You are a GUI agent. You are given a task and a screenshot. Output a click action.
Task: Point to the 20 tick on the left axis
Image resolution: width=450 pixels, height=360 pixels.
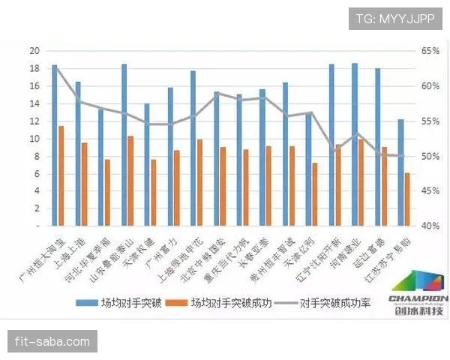click(x=34, y=51)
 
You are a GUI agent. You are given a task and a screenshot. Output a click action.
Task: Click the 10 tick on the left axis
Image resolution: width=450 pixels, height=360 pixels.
click(x=34, y=139)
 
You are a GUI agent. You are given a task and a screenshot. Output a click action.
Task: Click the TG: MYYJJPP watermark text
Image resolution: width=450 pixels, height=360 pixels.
click(x=395, y=18)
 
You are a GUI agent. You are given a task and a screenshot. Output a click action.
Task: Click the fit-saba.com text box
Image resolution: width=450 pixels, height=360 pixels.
click(x=52, y=342)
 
